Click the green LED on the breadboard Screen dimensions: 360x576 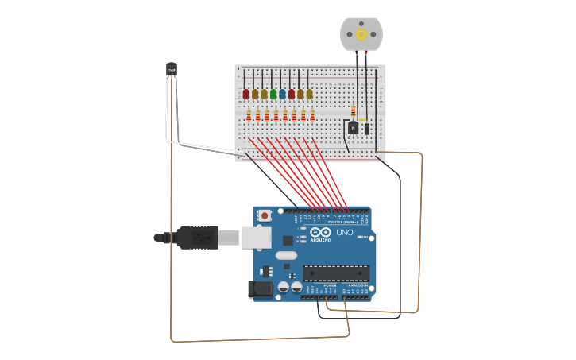[x=273, y=94]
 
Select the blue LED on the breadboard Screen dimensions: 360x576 [x=282, y=94]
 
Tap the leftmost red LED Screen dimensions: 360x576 [x=246, y=94]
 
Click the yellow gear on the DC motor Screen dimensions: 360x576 [x=361, y=33]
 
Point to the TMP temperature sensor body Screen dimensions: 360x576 [x=172, y=70]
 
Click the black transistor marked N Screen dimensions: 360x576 [x=354, y=127]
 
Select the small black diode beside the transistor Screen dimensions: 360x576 [x=366, y=128]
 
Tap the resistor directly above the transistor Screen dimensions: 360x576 [x=354, y=110]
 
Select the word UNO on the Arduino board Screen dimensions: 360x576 [x=345, y=234]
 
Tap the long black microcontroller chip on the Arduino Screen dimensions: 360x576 [x=335, y=273]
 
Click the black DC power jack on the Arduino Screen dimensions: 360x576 [x=260, y=290]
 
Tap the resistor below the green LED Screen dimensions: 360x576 [x=276, y=115]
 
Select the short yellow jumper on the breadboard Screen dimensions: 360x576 [x=363, y=120]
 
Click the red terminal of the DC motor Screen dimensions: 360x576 [x=365, y=52]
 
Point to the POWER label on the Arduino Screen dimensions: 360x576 [x=319, y=285]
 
